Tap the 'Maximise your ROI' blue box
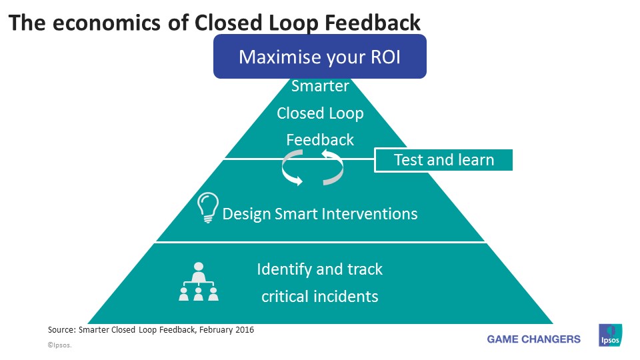[x=319, y=57]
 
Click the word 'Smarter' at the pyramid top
[x=320, y=86]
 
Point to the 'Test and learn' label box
[x=443, y=160]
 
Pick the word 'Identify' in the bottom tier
[x=285, y=269]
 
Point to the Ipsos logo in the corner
[x=610, y=335]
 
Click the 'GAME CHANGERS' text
[x=533, y=339]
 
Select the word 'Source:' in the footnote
[x=61, y=329]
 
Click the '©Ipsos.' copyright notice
[x=59, y=345]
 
